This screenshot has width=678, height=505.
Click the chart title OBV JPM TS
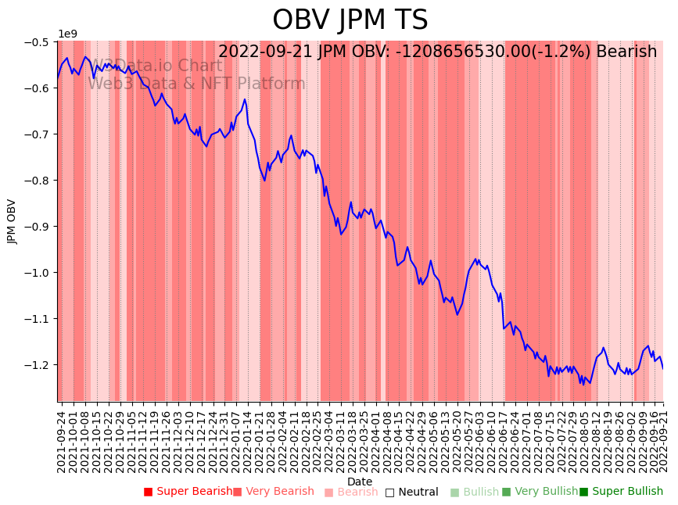point(350,20)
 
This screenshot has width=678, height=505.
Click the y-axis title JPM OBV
point(12,221)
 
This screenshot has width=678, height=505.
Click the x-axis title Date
point(360,482)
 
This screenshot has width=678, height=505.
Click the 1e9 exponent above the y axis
point(68,34)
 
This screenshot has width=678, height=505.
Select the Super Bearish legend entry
point(188,492)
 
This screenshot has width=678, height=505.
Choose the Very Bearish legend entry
point(273,492)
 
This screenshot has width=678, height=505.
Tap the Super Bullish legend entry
point(621,492)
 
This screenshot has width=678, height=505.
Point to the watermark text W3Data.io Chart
point(156,66)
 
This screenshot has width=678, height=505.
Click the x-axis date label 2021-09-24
point(62,439)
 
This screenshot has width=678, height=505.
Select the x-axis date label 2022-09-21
point(663,439)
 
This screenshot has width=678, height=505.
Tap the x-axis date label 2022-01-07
point(235,439)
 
